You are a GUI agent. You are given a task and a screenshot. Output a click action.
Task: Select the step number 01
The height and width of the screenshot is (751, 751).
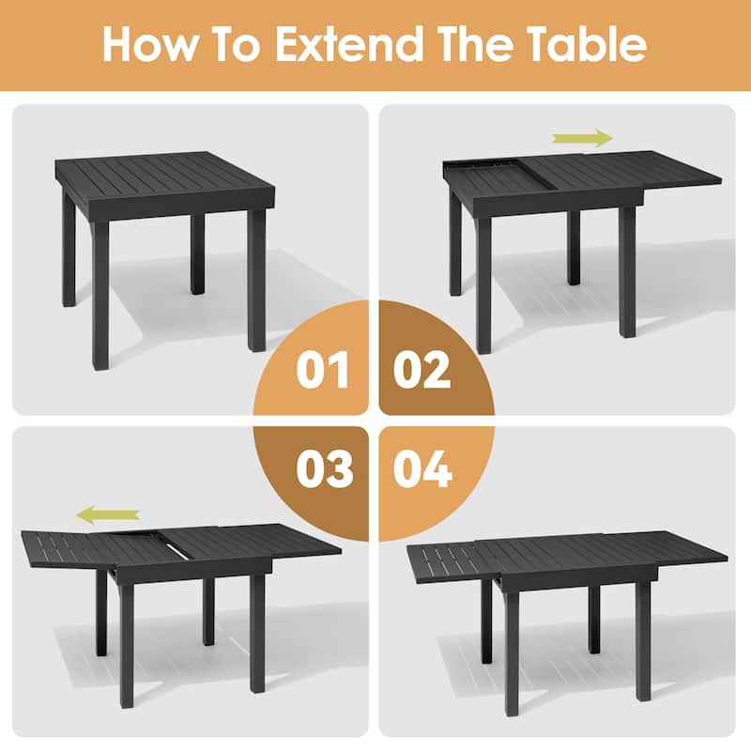pyautogui.click(x=321, y=371)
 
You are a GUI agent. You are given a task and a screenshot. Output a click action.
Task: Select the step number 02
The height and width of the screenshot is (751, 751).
pyautogui.click(x=421, y=371)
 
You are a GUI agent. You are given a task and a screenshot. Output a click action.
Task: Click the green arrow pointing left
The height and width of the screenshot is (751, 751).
pyautogui.click(x=108, y=513)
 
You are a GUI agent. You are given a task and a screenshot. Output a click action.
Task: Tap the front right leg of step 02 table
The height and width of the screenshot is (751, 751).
pyautogui.click(x=626, y=272)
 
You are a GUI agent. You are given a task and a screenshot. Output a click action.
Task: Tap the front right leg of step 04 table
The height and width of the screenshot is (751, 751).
pyautogui.click(x=642, y=643)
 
